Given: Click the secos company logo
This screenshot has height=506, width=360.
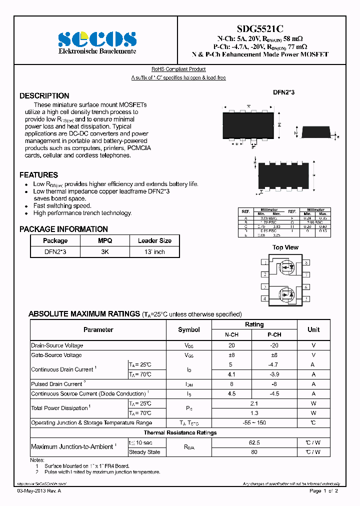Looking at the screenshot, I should [97, 38].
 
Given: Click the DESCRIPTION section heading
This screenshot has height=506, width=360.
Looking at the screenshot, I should [44, 95].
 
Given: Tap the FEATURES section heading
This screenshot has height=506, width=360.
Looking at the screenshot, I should [38, 175].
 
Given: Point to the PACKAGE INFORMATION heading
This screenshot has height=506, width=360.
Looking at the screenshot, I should [63, 229].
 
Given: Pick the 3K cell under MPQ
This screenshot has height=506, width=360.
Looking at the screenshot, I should [105, 252].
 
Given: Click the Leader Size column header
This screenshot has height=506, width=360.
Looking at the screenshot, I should [154, 240].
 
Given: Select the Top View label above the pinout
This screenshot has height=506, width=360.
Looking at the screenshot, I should [285, 247].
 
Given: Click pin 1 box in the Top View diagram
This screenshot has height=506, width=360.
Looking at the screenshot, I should [264, 262].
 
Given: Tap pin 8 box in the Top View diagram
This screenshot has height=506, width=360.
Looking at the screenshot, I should [306, 262].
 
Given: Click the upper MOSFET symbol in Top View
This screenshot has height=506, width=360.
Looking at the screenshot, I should [286, 267].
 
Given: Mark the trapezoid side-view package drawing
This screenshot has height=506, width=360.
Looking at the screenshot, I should [315, 132].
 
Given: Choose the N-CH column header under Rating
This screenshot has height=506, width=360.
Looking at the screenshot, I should [232, 334].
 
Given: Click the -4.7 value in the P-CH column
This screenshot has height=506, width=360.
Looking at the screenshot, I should [274, 365].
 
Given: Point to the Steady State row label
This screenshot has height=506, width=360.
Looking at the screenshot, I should [144, 452].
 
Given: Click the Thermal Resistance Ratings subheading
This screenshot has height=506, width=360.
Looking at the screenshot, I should [180, 432].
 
